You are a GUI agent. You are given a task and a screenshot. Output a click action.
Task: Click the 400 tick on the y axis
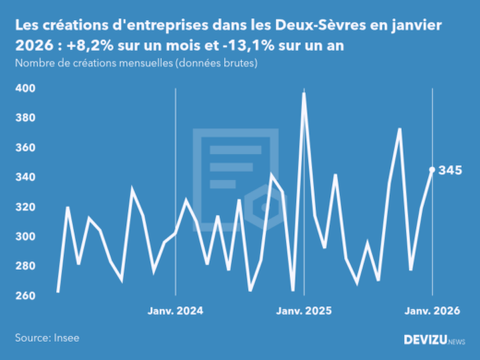click(25, 89)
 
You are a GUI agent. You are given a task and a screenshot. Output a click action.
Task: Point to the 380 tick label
click(25, 118)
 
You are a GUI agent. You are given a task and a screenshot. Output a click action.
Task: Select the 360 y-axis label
click(25, 148)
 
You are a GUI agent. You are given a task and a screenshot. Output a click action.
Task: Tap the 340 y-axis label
click(25, 177)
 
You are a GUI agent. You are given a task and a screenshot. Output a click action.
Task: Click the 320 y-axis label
click(25, 207)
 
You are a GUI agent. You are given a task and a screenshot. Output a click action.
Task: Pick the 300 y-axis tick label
click(25, 236)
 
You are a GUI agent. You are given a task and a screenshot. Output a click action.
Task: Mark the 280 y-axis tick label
click(25, 266)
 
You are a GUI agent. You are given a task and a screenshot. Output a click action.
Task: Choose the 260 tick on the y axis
click(25, 295)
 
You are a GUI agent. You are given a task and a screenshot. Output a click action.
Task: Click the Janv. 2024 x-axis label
click(175, 311)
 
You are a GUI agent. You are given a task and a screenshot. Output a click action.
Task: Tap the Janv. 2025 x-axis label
click(304, 311)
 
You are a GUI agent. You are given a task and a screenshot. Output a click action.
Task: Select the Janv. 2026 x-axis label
click(432, 311)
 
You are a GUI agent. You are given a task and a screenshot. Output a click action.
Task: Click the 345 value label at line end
click(450, 170)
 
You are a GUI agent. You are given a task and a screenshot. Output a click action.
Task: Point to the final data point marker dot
click(433, 170)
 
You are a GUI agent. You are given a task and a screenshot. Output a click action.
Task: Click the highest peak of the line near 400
click(304, 93)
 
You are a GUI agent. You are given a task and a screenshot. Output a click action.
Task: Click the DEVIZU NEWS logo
click(435, 340)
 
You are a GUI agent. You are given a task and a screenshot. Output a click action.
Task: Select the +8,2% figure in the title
click(100, 47)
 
